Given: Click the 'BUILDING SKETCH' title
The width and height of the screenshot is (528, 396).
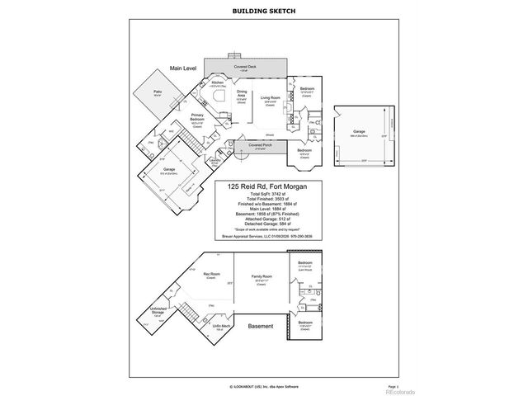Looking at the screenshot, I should coord(263,11).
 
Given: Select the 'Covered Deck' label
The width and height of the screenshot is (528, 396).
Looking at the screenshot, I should coord(245,67).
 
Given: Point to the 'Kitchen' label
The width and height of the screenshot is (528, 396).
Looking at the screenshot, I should coord(218,82).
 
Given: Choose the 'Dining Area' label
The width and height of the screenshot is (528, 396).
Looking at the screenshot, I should coord(242,96).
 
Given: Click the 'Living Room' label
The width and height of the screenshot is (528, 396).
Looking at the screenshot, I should coord(271,97).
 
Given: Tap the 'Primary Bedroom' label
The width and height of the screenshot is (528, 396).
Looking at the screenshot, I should coord(198,117).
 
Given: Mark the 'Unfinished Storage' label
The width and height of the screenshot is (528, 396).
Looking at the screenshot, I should coord(158,312).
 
